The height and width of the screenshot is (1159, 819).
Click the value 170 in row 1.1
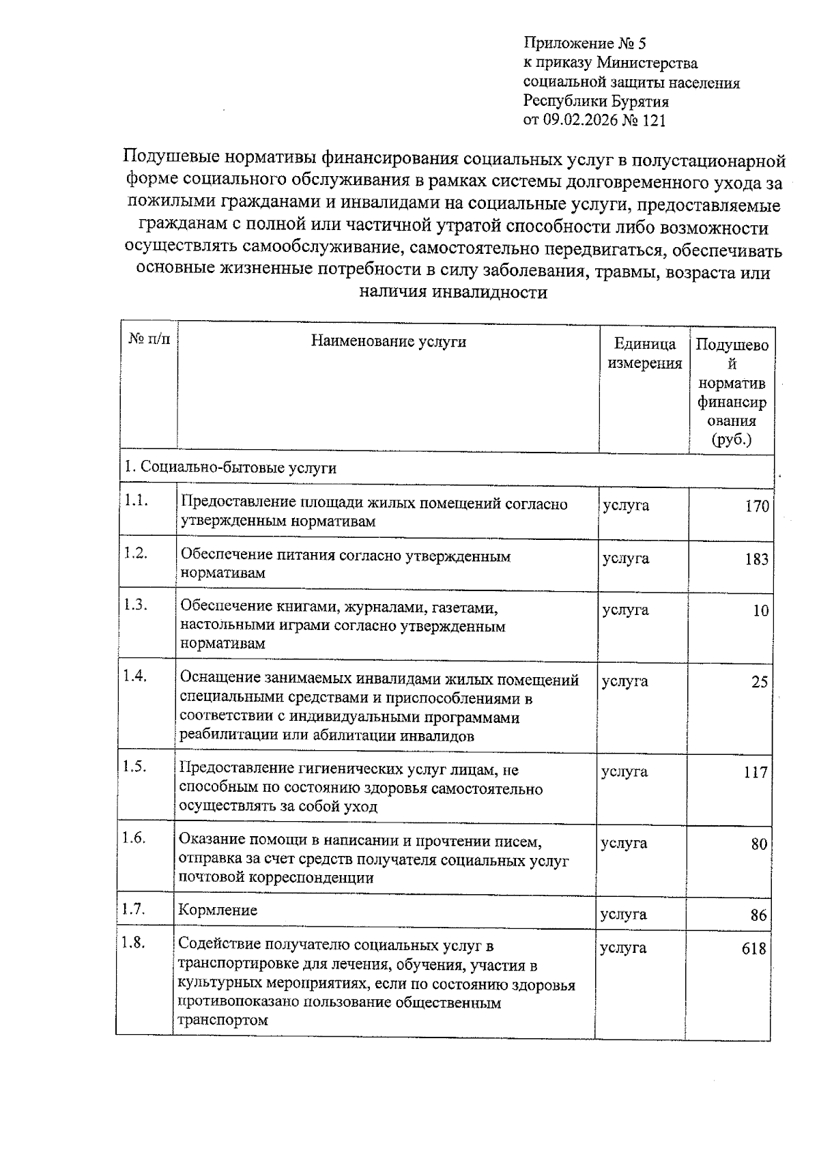756,506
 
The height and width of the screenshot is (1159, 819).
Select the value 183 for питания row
756,559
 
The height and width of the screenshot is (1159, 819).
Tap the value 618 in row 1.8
753,949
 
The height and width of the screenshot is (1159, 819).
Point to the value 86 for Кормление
758,915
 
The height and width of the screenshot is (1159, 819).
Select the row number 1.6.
134,838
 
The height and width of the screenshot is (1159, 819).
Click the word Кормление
218,910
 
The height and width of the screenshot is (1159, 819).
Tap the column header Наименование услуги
388,341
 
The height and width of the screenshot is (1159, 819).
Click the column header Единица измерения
644,354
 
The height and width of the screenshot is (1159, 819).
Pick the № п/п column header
149,339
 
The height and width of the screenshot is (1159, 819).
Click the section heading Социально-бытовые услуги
230,468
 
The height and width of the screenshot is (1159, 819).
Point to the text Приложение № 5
584,44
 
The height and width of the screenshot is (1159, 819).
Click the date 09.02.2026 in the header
579,121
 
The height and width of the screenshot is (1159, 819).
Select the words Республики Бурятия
595,102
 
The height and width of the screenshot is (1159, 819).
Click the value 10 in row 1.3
760,611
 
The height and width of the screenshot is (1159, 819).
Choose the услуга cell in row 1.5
624,771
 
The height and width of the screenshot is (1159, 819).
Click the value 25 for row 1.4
759,682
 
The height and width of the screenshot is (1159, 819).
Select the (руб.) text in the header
731,440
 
